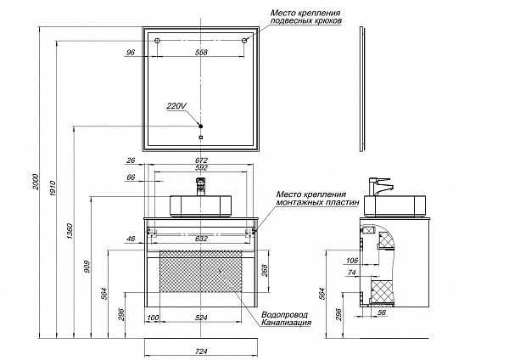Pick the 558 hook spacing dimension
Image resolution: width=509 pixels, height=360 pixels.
(x=201, y=53)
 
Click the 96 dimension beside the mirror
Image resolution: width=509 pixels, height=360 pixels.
(x=130, y=53)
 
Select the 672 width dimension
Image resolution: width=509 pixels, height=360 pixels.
(x=201, y=160)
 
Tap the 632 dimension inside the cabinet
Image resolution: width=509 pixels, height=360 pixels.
(x=200, y=239)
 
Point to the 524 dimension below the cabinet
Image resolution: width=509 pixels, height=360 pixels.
(x=200, y=318)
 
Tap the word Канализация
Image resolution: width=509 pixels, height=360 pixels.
(x=288, y=323)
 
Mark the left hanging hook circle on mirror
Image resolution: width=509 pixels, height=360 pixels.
(x=157, y=42)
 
